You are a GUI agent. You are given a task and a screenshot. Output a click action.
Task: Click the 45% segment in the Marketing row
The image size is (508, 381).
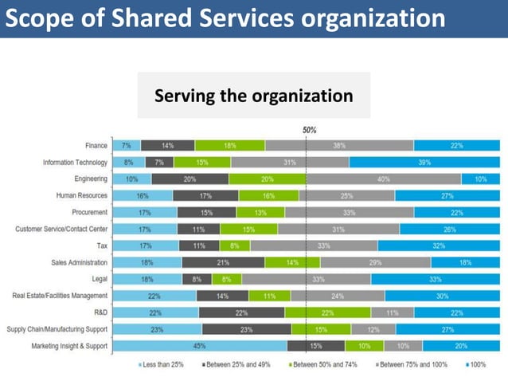pos(200,346)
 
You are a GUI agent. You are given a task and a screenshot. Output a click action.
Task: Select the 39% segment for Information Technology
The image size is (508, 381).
pos(424,162)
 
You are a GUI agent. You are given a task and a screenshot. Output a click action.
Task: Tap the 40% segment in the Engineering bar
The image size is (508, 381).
pos(384,179)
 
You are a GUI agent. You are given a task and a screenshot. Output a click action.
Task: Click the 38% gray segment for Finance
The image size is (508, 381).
pos(339,145)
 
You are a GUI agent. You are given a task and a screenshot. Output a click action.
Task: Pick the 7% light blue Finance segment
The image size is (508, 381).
pos(127,145)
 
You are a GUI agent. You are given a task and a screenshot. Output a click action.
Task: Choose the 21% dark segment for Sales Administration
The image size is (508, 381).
pos(223,262)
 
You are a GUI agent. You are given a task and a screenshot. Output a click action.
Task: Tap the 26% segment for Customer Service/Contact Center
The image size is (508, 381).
pos(450,229)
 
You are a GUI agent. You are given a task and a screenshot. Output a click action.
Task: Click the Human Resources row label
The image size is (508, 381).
pos(82,195)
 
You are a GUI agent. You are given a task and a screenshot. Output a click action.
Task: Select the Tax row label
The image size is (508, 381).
pos(103,245)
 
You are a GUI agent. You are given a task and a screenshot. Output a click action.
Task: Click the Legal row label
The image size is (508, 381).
pos(100,279)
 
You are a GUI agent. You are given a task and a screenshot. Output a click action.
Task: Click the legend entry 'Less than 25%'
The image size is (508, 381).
pos(162,365)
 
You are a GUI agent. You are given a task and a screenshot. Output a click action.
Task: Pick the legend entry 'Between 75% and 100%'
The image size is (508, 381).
pos(413,365)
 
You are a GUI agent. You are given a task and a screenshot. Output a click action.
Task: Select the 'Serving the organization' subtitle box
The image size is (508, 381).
pos(253,96)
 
